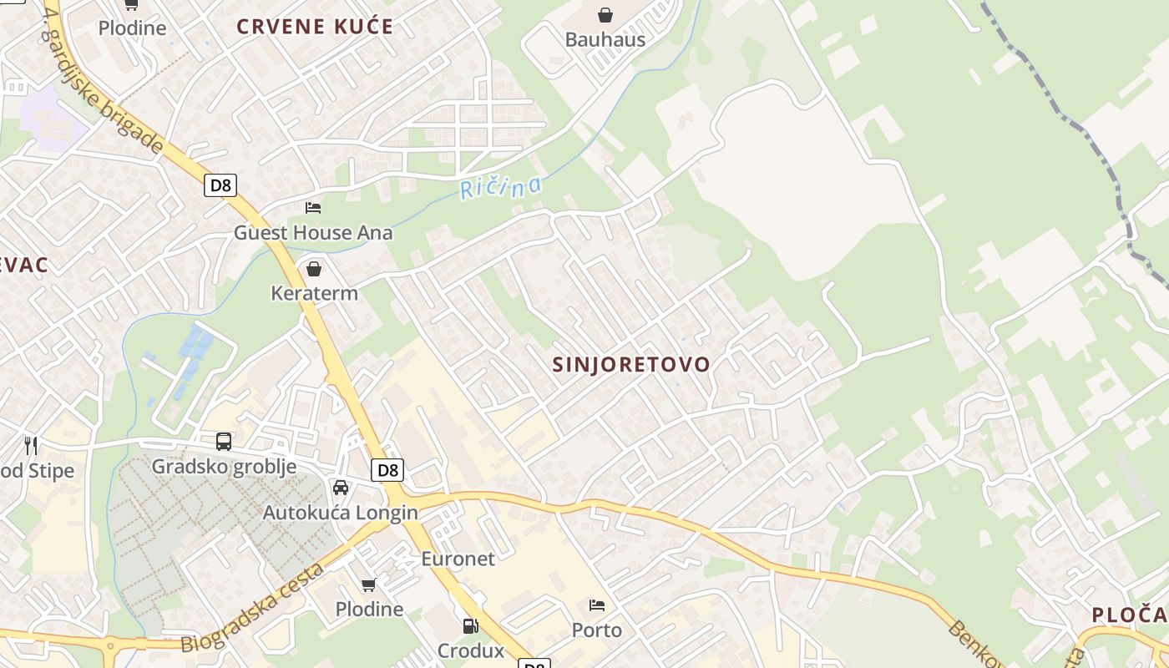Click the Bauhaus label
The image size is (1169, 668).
(605, 39)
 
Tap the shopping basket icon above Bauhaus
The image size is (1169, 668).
(605, 15)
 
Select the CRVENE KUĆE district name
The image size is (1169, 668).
(314, 26)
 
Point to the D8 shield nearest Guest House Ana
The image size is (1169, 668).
(220, 185)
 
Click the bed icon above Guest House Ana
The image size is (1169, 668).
(313, 207)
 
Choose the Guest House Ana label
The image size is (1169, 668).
(313, 232)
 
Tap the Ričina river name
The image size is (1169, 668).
(501, 187)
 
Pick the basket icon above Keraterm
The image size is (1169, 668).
(314, 269)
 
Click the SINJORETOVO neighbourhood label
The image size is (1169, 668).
(631, 364)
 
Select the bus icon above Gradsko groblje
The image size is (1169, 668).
(224, 442)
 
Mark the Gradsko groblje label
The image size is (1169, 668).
(224, 466)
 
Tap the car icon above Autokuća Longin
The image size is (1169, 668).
(341, 488)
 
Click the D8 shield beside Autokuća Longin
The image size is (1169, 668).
(387, 470)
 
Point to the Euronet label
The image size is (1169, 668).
(458, 559)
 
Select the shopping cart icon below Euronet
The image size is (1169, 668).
(368, 584)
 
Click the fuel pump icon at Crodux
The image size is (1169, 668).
(470, 626)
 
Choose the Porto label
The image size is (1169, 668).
(597, 630)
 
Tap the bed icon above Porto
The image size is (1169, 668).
(597, 605)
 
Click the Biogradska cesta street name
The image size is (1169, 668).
(253, 607)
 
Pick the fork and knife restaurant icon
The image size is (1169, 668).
(31, 445)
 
